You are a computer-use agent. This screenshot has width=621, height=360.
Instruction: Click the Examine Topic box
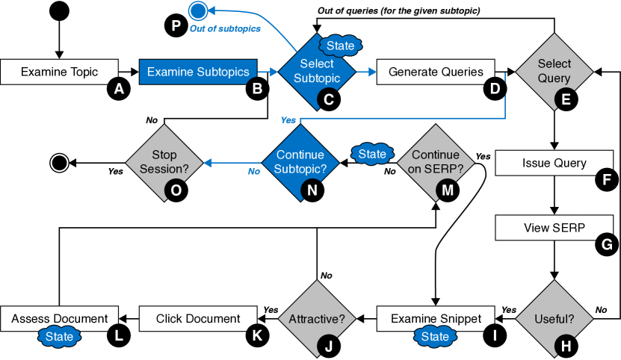click(x=59, y=72)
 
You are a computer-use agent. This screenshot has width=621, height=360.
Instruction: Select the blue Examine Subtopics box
click(x=198, y=72)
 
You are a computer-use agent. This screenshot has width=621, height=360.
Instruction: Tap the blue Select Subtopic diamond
click(x=316, y=72)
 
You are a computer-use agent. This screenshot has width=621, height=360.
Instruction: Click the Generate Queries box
click(x=436, y=72)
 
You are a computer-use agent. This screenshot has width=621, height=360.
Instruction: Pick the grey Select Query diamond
click(x=554, y=72)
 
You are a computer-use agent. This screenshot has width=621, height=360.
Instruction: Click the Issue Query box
click(x=554, y=163)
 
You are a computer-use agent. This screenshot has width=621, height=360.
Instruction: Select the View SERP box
click(x=554, y=228)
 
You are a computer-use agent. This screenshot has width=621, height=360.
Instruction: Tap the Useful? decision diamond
click(x=554, y=319)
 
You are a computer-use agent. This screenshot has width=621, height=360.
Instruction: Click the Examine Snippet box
click(x=436, y=319)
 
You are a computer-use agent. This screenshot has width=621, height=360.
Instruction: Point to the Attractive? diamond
click(x=316, y=319)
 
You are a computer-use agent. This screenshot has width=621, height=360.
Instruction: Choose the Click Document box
click(x=198, y=319)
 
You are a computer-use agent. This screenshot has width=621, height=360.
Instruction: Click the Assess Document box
click(x=59, y=319)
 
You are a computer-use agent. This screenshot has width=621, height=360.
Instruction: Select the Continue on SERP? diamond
click(x=436, y=162)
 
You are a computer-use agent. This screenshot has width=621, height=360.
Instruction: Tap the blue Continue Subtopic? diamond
click(x=300, y=162)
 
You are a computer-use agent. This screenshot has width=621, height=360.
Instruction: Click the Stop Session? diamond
click(x=164, y=162)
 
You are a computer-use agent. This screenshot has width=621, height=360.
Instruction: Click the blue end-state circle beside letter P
click(x=197, y=10)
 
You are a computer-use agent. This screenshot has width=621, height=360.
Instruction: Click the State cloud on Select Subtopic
click(x=340, y=46)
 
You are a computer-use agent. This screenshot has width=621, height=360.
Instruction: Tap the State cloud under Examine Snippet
click(x=435, y=337)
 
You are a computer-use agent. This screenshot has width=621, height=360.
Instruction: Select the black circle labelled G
click(x=607, y=244)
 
